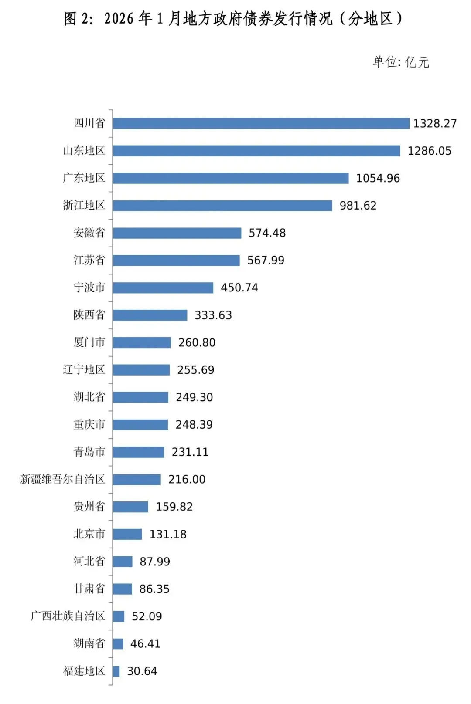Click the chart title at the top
pos(233,19)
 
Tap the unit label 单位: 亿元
pos(401,62)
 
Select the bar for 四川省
pos(261,123)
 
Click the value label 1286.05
pos(429,151)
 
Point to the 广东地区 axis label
pos(84,178)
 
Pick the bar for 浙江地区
pos(222,205)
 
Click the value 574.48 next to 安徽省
pos(267,233)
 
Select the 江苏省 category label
pos(89,260)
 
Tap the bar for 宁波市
pos(163,288)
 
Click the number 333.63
pos(213,315)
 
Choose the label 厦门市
pos(89,342)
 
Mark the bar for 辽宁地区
pos(141,370)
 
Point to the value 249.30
pos(194,397)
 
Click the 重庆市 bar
pos(140,425)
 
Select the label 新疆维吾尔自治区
pos(63,479)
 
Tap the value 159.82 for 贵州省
pos(174,507)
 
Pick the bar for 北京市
pos(127,534)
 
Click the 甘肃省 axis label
pos(89,589)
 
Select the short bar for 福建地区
pos(116,671)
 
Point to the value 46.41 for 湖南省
pos(145,644)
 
